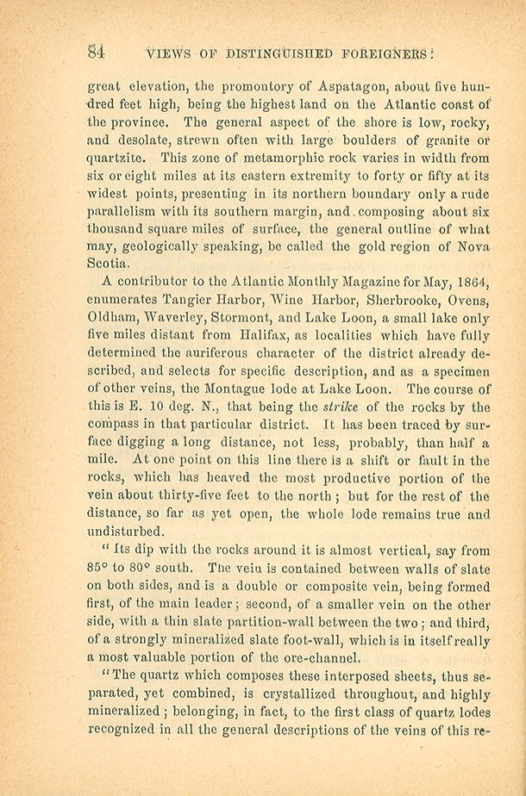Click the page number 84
96,51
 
